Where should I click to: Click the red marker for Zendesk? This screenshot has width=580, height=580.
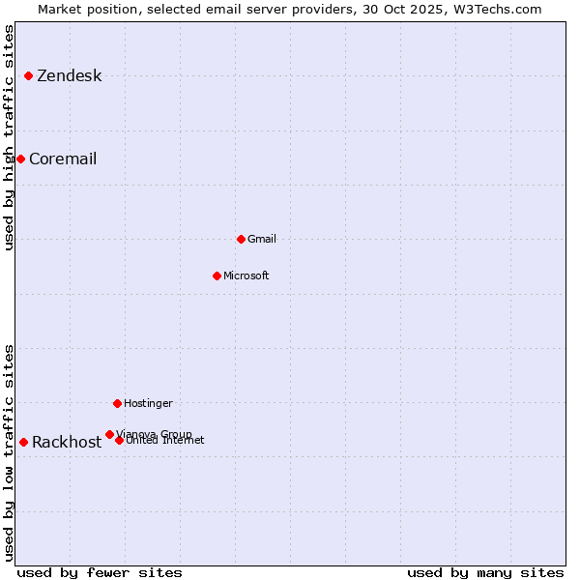tap(29, 75)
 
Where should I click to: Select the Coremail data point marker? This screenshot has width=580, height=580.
tap(20, 159)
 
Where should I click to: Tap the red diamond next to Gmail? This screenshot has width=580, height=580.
tap(241, 239)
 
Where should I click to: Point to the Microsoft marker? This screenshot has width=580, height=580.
tap(217, 275)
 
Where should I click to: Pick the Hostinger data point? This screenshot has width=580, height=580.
tap(117, 403)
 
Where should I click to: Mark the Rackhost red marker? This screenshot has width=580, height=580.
tap(23, 442)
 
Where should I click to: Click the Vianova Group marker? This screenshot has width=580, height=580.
tap(109, 434)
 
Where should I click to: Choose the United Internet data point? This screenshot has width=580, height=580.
tap(119, 440)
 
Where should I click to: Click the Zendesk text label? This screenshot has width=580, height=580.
tap(69, 76)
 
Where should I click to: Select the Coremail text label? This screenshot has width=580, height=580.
tap(63, 159)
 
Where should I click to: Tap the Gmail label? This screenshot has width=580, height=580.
tap(262, 239)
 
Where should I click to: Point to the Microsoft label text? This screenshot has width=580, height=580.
tap(246, 276)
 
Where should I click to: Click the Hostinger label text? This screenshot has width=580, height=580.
tap(148, 403)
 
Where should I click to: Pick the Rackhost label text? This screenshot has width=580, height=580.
tap(67, 443)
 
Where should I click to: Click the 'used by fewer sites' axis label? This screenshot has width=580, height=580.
tap(100, 572)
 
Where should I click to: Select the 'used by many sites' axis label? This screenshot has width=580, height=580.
tap(485, 572)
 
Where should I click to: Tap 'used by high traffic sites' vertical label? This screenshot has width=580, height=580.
tap(9, 137)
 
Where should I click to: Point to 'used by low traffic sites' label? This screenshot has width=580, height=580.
tap(9, 452)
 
